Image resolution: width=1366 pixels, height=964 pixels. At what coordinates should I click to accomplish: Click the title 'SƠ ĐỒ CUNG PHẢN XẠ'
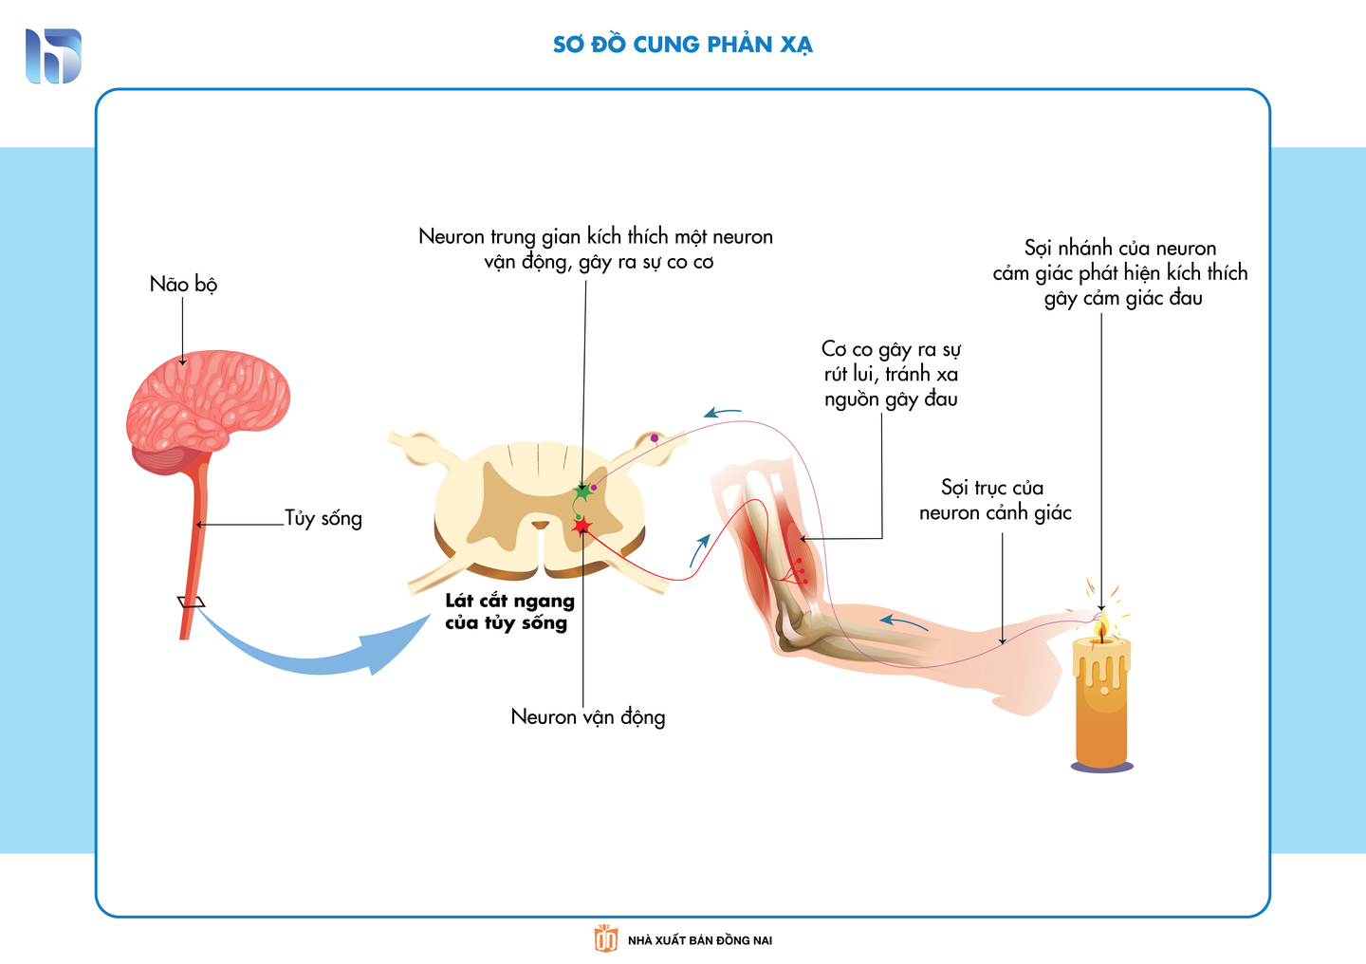(x=682, y=45)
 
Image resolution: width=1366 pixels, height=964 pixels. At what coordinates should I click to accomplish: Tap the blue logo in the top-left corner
(x=53, y=56)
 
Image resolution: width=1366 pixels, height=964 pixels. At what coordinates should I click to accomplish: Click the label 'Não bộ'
(x=183, y=284)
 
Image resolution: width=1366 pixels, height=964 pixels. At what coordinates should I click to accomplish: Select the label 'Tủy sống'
(x=323, y=518)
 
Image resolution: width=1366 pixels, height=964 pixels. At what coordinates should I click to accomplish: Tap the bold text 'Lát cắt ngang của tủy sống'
(x=509, y=612)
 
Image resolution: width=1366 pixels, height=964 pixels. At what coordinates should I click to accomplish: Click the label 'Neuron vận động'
(x=587, y=716)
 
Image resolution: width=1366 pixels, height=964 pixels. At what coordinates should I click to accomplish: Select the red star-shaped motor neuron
(x=581, y=527)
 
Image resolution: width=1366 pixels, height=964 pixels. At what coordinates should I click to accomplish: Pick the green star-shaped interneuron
(x=582, y=492)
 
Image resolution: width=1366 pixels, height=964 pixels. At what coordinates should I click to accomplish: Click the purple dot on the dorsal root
(x=654, y=437)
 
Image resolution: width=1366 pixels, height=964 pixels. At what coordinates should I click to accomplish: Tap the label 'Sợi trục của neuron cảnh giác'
(x=994, y=500)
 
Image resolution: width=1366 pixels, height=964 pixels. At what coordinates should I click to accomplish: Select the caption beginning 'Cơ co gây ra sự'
(x=891, y=374)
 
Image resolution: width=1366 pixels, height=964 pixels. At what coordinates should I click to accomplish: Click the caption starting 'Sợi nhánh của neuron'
(x=1120, y=273)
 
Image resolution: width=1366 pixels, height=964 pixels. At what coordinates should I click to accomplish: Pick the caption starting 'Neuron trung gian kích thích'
(x=596, y=249)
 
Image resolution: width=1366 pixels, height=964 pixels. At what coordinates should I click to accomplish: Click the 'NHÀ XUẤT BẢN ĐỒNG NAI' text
(x=699, y=940)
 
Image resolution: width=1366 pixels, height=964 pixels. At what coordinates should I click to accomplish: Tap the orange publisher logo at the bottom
(x=605, y=938)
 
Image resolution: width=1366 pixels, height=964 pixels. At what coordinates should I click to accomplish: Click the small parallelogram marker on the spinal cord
(x=191, y=602)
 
